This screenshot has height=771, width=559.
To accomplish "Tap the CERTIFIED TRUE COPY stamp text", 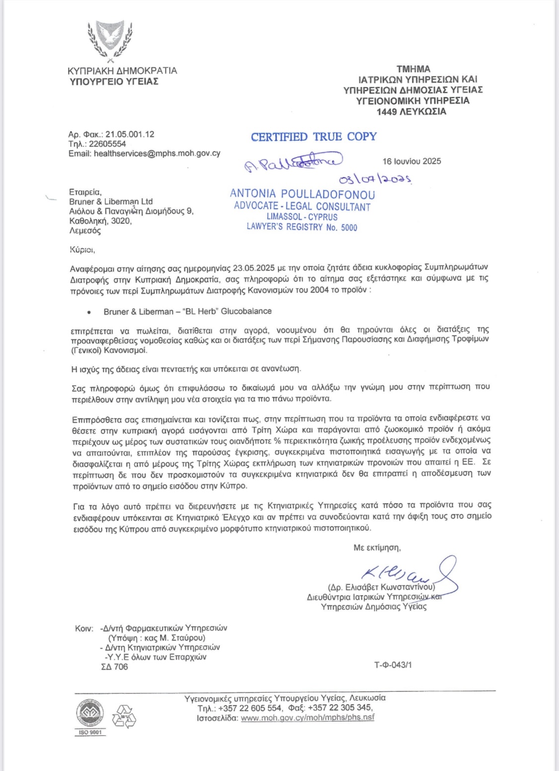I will click(314, 137).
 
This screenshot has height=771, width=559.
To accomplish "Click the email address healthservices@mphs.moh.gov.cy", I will click(157, 154).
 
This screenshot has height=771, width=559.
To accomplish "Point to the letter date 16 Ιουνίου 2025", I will click(411, 161).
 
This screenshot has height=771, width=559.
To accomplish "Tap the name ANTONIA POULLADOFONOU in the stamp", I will click(302, 194).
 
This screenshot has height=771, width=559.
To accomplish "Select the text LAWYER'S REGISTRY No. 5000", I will click(302, 228).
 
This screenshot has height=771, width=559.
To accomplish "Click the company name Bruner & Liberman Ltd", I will click(111, 202).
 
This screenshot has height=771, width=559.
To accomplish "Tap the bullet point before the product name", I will click(88, 312).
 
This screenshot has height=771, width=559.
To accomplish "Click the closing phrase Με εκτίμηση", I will click(377, 547).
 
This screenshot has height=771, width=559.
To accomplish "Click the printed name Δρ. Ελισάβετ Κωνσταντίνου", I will click(382, 586).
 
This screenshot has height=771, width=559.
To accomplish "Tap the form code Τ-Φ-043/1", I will click(393, 665).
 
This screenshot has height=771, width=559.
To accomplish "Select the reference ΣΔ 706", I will click(114, 667).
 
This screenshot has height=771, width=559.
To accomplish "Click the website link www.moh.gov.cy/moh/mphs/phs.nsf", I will click(308, 717).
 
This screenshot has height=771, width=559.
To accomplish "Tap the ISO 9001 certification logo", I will click(90, 718).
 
